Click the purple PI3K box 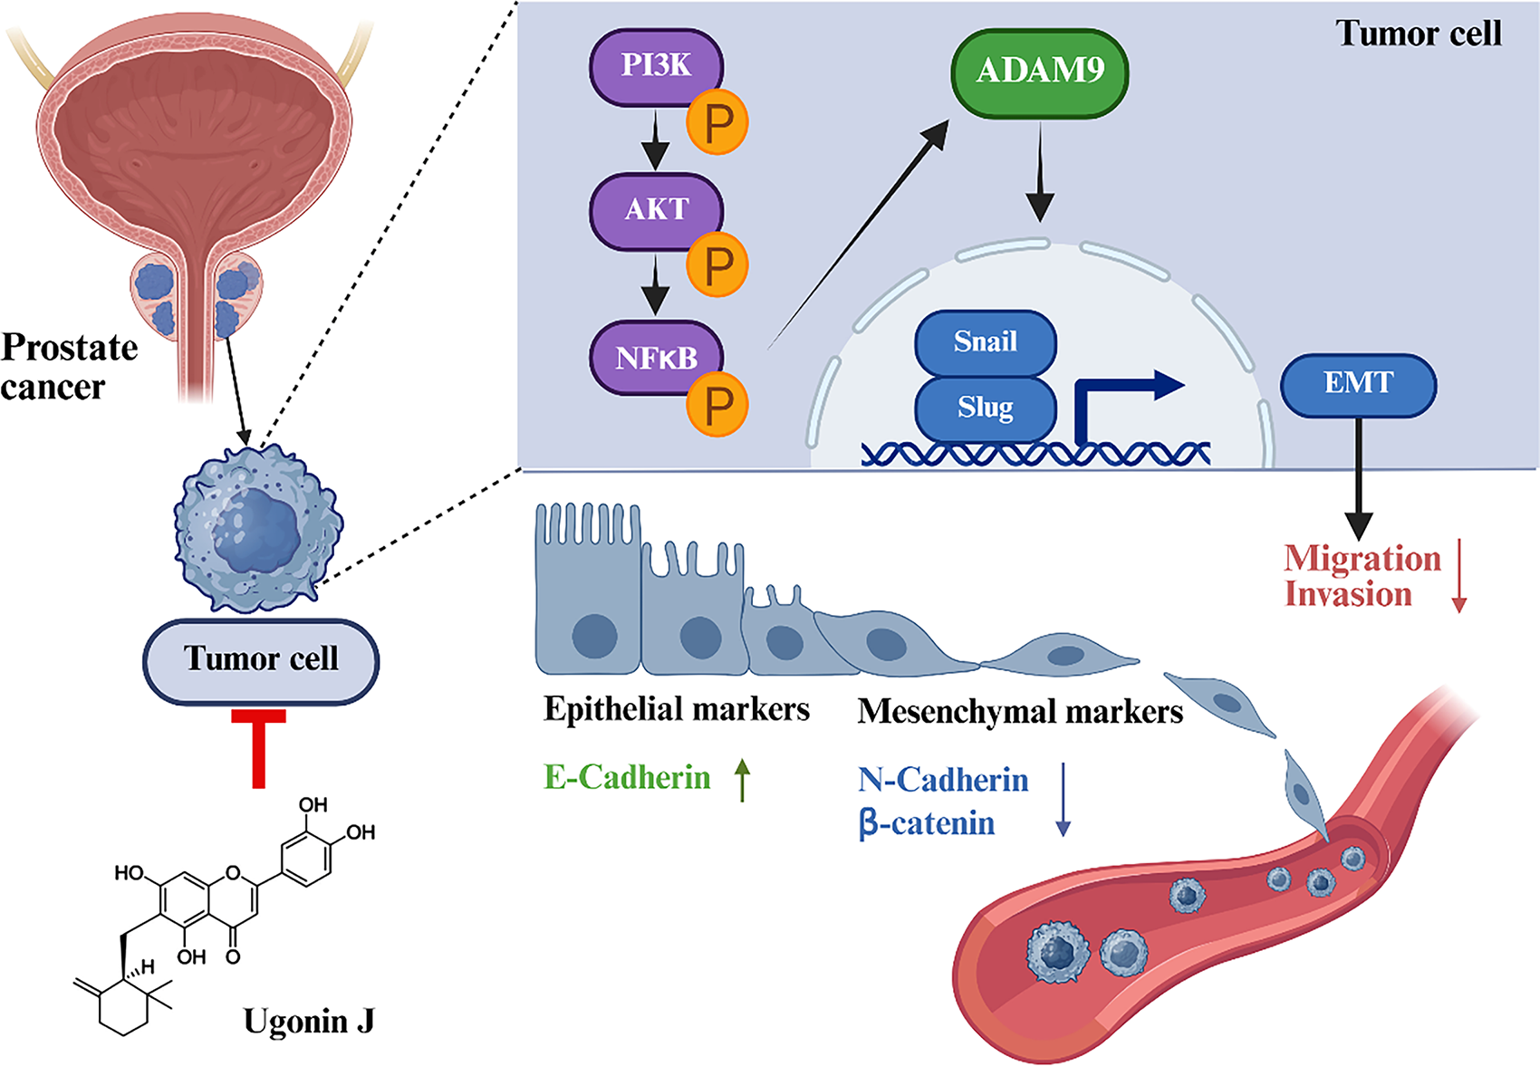(x=654, y=66)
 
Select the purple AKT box (x=654, y=209)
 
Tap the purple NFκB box (x=654, y=358)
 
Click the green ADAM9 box (x=1039, y=72)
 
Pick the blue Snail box (x=985, y=342)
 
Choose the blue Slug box (x=985, y=408)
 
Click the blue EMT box (x=1357, y=384)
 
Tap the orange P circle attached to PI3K (x=717, y=122)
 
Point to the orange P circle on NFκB (x=717, y=406)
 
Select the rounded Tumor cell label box (x=261, y=660)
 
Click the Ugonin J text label (x=309, y=1022)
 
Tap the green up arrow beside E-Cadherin (x=743, y=780)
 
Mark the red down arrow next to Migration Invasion (x=1458, y=576)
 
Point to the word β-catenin (x=927, y=824)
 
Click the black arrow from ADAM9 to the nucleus (x=1040, y=172)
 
